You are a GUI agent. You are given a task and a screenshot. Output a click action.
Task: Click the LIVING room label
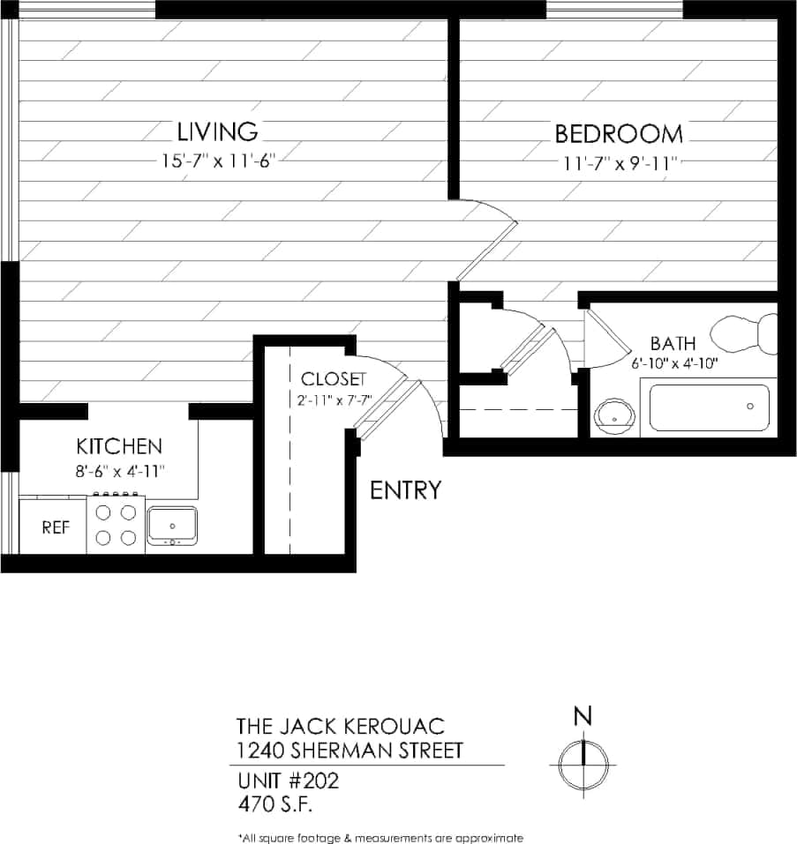point(217,132)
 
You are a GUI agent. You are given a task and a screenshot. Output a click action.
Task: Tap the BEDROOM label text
point(618,134)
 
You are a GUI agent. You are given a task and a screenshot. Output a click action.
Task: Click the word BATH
point(673,343)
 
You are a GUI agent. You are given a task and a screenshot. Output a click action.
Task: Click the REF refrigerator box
point(56,527)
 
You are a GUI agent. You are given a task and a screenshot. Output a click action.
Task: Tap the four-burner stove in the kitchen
point(116,524)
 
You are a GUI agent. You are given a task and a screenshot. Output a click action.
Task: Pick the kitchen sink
point(172,526)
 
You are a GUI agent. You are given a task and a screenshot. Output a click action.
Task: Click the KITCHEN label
point(118,446)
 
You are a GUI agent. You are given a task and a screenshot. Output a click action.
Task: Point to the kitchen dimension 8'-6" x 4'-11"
point(118,471)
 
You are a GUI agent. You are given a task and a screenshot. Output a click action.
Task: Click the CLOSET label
point(333,379)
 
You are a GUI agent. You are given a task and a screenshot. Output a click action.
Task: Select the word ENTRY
point(405,490)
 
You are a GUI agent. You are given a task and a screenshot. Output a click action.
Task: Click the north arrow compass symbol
point(583,757)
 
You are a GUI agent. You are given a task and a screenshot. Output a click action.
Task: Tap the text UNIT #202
point(288,781)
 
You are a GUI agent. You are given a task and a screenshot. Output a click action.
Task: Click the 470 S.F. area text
point(275,804)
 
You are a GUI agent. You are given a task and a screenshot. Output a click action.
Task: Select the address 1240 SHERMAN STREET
point(350,751)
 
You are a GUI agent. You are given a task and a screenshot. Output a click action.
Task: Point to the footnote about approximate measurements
point(380,837)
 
